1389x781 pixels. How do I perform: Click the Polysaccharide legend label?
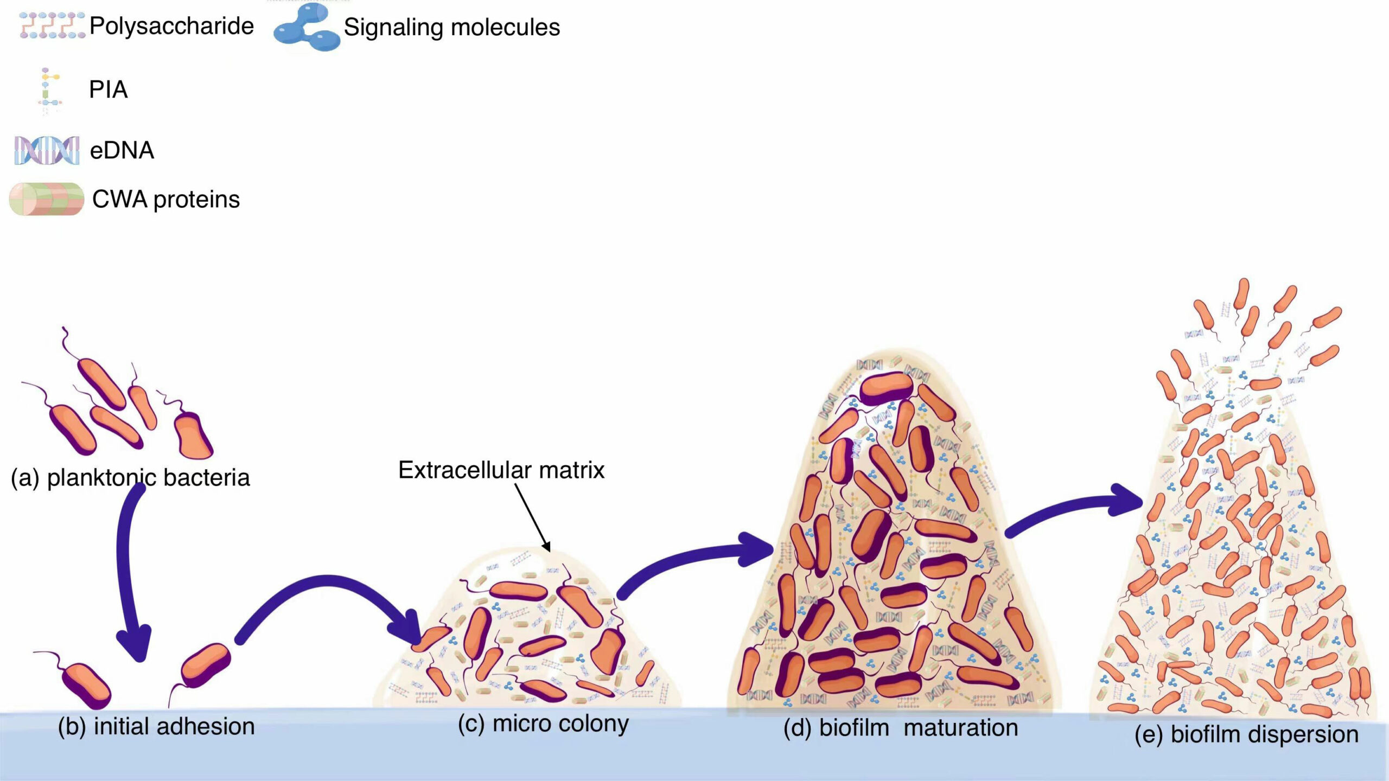171,26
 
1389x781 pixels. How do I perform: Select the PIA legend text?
109,89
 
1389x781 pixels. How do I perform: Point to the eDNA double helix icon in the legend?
47,150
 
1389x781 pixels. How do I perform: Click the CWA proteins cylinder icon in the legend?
47,199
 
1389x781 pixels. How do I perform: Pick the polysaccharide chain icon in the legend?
52,25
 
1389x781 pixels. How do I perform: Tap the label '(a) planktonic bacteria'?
130,478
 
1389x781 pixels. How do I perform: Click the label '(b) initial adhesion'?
156,726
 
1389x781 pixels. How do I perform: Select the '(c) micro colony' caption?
543,724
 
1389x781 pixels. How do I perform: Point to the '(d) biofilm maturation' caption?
901,728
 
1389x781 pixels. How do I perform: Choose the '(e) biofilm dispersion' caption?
1246,734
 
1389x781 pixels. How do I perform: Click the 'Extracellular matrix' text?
501,470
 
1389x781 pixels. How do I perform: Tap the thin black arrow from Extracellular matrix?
533,517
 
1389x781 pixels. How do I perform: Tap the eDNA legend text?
122,150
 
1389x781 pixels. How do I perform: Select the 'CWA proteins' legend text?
166,200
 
